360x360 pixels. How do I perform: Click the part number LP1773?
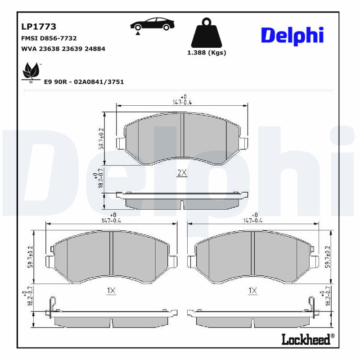click(39, 27)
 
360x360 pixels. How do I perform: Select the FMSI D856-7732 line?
click(49, 39)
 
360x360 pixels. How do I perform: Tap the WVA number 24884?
click(95, 49)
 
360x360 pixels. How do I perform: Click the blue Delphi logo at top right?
click(292, 36)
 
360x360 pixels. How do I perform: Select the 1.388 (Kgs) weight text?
click(207, 53)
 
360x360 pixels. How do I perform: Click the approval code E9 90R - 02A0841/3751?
click(84, 82)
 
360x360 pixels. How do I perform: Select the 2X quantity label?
click(182, 173)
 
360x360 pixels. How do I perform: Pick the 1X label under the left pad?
click(111, 291)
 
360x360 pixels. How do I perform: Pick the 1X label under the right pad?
click(252, 291)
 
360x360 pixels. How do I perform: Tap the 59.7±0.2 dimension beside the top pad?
click(101, 138)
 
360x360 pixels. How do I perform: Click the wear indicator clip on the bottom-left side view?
click(54, 305)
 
